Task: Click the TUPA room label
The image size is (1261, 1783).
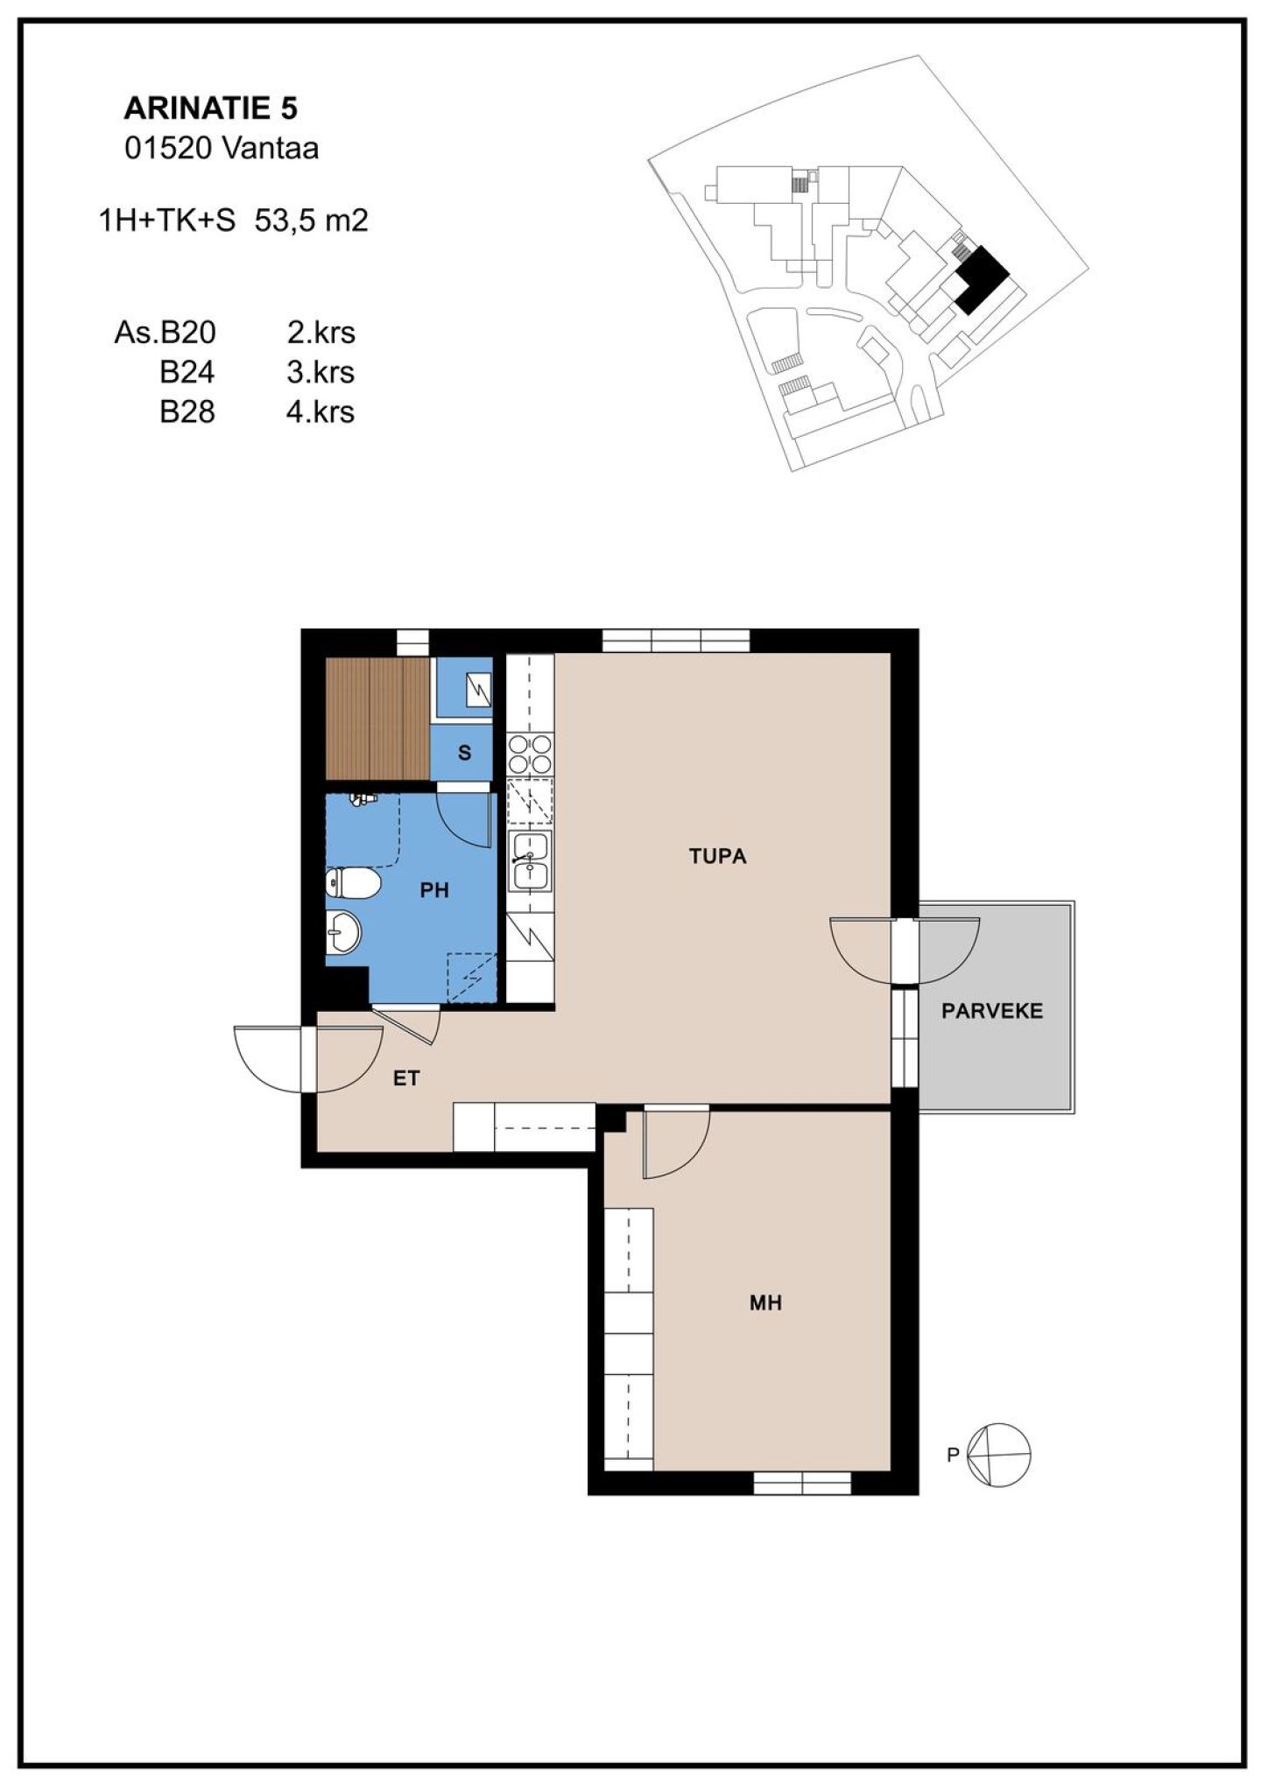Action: pos(717,857)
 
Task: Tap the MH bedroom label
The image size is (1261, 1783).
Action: pos(765,1303)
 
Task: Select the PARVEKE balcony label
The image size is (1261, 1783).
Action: pos(992,1012)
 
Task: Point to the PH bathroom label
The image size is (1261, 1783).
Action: pos(434,891)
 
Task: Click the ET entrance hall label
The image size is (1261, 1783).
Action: pos(406,1078)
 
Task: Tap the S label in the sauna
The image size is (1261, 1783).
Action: pos(465,753)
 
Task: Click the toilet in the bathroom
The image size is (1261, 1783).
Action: pos(353,883)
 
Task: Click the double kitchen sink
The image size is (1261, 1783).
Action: pos(531,860)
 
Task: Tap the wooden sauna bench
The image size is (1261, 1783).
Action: pos(377,717)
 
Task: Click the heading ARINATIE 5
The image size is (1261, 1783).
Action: pos(211,109)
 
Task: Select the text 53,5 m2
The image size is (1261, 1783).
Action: pos(311,221)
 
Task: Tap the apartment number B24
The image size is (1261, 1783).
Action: pos(187,372)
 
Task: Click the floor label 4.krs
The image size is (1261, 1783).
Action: pos(321,411)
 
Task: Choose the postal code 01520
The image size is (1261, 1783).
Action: pos(168,149)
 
